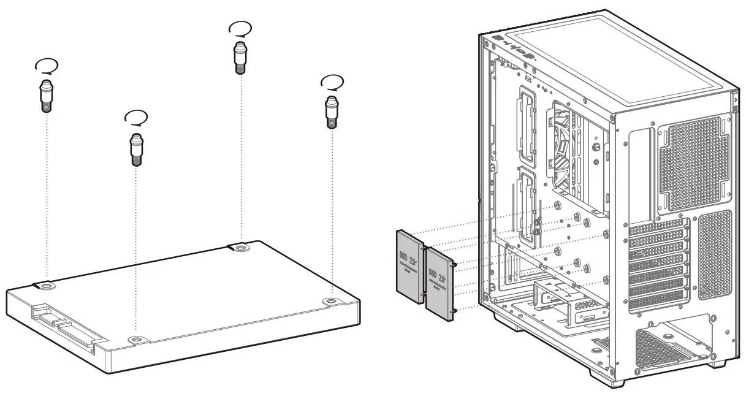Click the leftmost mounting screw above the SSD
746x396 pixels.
click(46, 96)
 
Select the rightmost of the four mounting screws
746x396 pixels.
click(331, 111)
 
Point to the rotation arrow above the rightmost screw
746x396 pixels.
click(332, 82)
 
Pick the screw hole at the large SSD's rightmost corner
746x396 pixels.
click(331, 302)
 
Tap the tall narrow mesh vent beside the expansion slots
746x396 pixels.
click(714, 254)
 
